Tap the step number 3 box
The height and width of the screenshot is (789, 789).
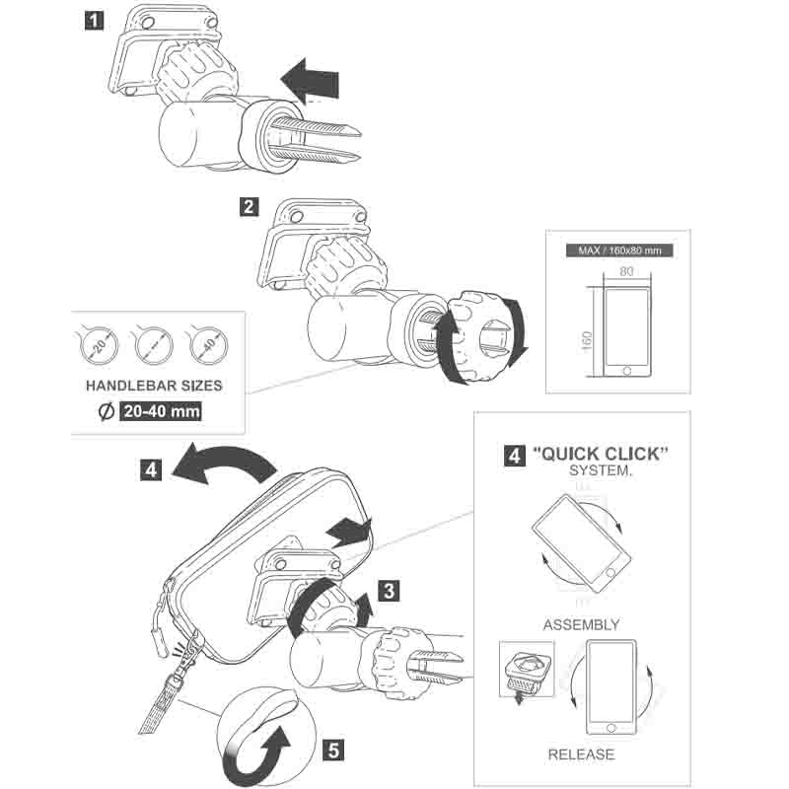(391, 591)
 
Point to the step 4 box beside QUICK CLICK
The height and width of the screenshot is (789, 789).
(515, 456)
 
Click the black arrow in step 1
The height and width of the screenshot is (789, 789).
(309, 78)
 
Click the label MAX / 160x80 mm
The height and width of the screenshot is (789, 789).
(619, 251)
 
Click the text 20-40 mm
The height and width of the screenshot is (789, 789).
(160, 411)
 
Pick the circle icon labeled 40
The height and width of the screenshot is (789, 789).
(207, 345)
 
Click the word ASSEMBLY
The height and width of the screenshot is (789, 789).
(582, 624)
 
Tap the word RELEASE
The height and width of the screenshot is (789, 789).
(582, 754)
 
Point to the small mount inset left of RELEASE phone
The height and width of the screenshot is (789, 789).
(528, 674)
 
